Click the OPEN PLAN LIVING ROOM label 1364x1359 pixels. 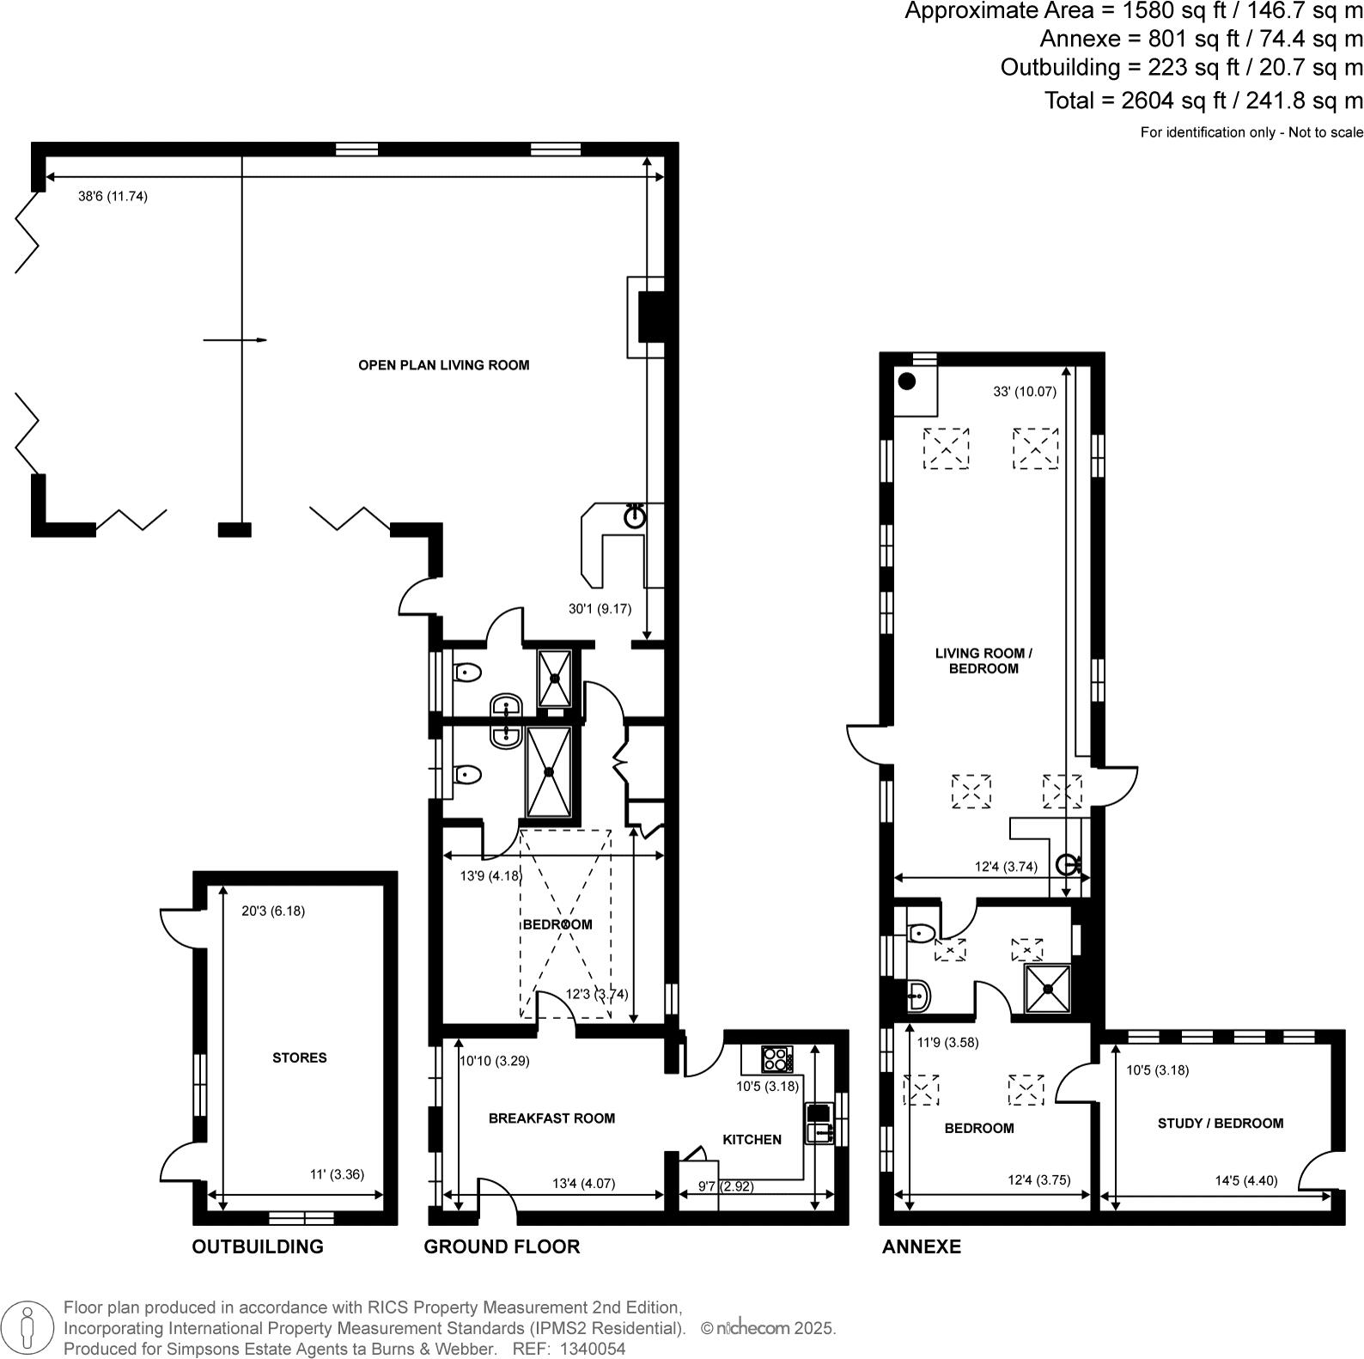[443, 365]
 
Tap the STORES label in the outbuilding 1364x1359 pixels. [299, 1057]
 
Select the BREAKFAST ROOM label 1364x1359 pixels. [551, 1118]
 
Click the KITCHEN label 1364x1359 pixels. [752, 1139]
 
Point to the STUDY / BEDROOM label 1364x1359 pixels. [1220, 1123]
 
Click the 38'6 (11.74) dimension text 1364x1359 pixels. [113, 197]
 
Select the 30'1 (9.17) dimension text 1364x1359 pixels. [600, 609]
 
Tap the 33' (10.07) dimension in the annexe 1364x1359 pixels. [1024, 392]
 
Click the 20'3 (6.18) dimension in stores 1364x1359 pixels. [272, 911]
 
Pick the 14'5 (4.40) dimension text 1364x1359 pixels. [1245, 1180]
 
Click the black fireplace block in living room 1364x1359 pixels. [652, 316]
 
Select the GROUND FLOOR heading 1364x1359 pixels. [502, 1246]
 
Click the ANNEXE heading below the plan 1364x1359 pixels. [921, 1246]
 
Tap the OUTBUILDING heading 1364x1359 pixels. [258, 1246]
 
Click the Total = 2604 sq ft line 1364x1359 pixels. [1203, 101]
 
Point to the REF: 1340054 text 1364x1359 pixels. [569, 1349]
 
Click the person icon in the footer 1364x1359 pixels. [27, 1327]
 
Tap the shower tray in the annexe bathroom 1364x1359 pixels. [1048, 988]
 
